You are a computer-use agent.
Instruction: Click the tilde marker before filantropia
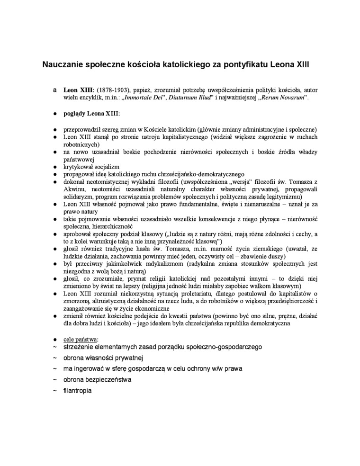pyautogui.click(x=55, y=391)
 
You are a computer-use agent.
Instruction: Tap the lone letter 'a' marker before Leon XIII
pyautogui.click(x=55, y=89)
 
